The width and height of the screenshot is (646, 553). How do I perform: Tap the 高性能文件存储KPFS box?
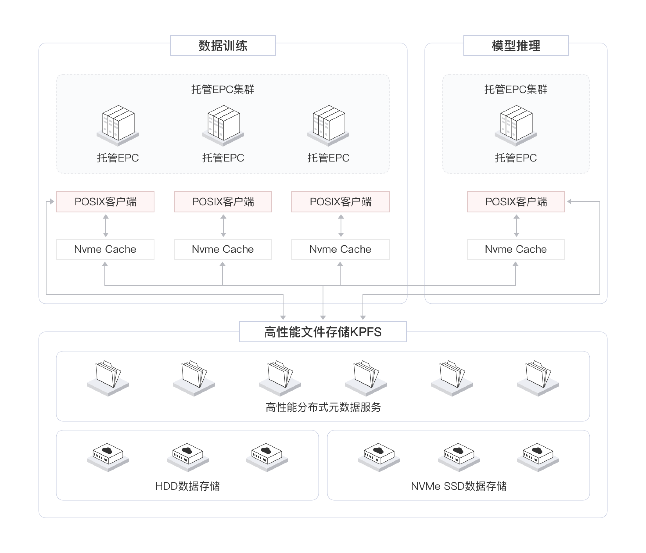(323, 332)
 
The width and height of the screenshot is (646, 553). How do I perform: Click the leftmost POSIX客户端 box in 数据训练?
(105, 202)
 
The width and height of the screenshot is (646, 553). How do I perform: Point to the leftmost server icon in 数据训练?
(118, 125)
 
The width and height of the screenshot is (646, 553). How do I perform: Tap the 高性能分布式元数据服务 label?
(323, 407)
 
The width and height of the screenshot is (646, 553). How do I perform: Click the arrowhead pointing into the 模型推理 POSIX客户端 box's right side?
(569, 202)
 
